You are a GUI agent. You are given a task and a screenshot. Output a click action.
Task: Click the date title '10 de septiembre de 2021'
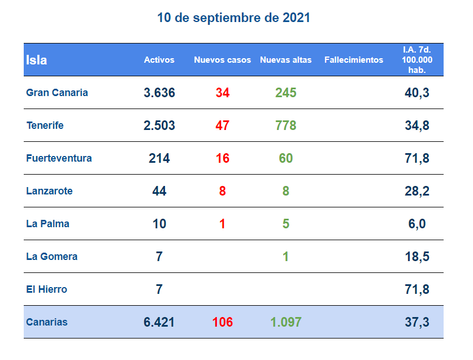(233, 18)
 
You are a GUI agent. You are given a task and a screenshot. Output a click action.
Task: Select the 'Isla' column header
(37, 60)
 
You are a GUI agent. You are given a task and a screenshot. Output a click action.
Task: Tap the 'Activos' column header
(159, 60)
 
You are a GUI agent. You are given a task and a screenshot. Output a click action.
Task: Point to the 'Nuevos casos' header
(223, 60)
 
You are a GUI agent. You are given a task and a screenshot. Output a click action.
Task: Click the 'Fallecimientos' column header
(354, 60)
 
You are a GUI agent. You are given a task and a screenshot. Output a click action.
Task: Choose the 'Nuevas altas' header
(286, 60)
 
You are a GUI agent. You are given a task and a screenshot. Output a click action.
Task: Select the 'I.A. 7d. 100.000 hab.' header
(417, 60)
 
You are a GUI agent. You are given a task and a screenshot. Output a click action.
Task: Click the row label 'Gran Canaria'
(57, 93)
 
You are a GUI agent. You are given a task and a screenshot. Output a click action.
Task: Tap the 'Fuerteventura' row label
(59, 158)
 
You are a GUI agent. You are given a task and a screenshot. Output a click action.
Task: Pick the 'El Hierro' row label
(47, 289)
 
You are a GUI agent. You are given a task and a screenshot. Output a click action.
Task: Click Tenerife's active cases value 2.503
(159, 125)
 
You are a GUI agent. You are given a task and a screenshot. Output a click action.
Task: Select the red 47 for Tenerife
(223, 125)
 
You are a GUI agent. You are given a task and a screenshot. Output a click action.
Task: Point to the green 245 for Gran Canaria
(286, 93)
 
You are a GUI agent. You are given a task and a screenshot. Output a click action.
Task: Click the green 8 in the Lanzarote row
(286, 191)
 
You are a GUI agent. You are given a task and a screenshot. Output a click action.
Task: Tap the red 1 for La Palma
(223, 224)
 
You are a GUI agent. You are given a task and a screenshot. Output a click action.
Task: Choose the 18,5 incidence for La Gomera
(417, 257)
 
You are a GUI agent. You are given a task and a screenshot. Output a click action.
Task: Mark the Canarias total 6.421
(159, 322)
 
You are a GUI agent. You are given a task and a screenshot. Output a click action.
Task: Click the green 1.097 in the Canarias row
(286, 322)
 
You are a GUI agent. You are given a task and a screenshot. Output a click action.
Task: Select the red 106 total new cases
(223, 322)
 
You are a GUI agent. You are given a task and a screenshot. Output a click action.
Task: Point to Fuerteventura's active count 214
(159, 158)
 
